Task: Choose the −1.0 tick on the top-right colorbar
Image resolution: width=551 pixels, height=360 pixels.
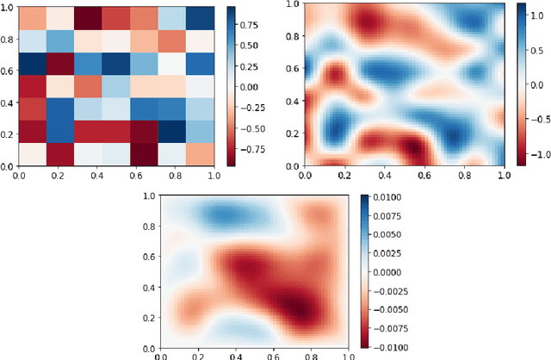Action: coord(540,154)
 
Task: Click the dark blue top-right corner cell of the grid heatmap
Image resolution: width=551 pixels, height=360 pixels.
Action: coord(201,17)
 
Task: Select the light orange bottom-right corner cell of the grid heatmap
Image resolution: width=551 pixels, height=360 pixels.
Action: coord(201,153)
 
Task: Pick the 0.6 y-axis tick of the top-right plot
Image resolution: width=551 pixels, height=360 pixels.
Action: coord(294,68)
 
